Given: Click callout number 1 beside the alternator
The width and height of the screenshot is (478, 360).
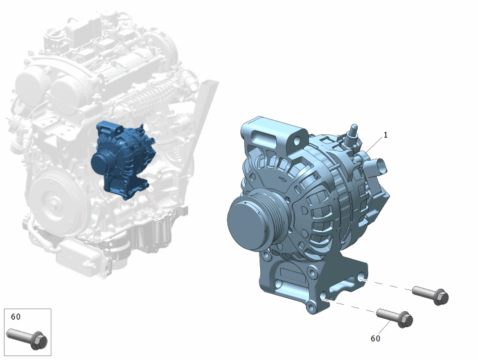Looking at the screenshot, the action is tap(385, 135).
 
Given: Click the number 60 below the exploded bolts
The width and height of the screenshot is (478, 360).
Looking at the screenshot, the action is tap(376, 338).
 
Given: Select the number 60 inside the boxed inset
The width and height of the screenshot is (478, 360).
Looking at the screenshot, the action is tap(16, 317).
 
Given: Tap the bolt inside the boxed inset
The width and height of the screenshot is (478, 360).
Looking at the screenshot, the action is tap(27, 339).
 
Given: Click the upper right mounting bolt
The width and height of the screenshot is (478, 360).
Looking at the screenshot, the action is tap(430, 294).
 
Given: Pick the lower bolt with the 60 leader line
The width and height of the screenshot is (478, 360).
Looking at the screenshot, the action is tap(394, 318).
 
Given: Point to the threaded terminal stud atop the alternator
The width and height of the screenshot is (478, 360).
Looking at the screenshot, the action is tap(354, 130).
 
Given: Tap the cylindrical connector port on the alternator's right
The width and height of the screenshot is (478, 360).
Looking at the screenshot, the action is tap(377, 167).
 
